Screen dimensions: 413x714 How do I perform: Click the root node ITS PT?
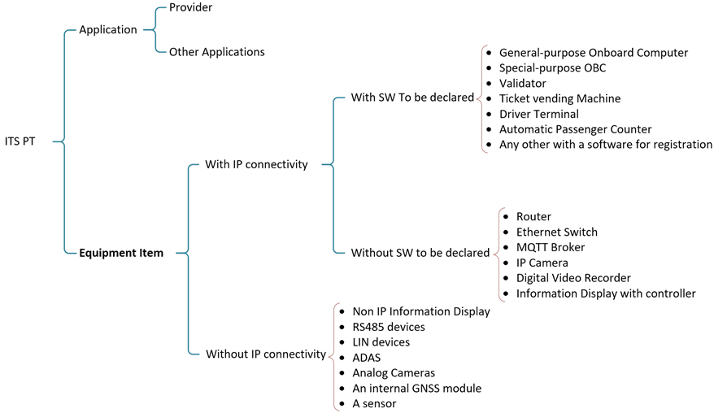coord(20,141)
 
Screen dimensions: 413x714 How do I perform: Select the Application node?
coord(107,30)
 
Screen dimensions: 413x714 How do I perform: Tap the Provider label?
coord(190,7)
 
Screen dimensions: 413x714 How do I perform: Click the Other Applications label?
coord(216,52)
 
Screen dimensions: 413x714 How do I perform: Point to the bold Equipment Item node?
coord(121,253)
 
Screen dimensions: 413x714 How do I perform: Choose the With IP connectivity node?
coord(256,164)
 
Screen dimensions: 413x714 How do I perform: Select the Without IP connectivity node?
coord(265,354)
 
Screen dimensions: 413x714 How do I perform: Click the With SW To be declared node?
coord(412,98)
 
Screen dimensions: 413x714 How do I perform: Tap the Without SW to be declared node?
coord(420,253)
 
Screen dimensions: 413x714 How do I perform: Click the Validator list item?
coord(522,83)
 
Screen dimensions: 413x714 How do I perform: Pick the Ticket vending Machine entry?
coord(559,98)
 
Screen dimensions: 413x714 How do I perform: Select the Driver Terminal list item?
coord(538,114)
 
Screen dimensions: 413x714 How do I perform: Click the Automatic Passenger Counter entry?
coord(575,129)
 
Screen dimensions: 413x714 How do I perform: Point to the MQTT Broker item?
coord(550,247)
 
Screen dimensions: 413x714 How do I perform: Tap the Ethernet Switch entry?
coord(556,232)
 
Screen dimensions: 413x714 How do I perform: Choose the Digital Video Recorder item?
coord(573,278)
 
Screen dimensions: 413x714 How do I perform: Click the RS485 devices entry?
coord(388,327)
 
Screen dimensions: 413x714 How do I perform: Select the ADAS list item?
coord(366,358)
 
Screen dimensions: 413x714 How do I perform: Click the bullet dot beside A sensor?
coord(341,404)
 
